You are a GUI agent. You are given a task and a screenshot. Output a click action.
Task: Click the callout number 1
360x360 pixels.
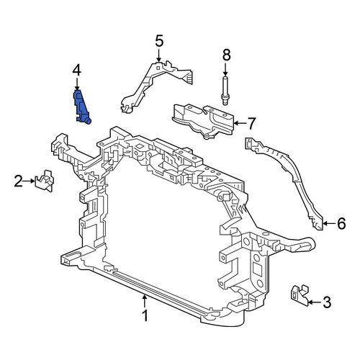(145, 315)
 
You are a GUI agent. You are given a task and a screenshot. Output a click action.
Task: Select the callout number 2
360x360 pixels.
(19, 181)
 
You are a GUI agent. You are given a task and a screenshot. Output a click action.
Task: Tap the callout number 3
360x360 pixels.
(327, 302)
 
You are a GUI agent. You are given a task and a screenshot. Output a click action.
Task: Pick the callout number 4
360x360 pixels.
(77, 71)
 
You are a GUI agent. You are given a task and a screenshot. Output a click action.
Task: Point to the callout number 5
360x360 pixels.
(159, 41)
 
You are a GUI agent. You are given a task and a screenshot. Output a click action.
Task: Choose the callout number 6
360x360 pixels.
(341, 223)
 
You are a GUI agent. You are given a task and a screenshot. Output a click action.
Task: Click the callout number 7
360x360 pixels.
(251, 123)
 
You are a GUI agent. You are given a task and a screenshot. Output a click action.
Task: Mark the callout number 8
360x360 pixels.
(226, 55)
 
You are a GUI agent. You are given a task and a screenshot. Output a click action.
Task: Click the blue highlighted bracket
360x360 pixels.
(81, 107)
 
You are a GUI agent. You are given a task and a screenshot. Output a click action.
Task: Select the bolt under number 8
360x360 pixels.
(225, 91)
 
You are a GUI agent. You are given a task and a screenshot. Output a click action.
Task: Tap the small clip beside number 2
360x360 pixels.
(45, 181)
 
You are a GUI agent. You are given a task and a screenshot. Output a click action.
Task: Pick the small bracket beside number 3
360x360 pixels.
(300, 295)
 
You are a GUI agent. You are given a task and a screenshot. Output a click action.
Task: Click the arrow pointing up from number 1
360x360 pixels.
(145, 301)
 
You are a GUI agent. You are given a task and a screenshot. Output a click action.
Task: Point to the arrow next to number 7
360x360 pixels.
(239, 123)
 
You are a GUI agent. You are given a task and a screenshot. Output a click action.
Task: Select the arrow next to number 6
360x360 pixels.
(329, 223)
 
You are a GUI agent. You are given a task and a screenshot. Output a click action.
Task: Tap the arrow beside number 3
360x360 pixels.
(315, 302)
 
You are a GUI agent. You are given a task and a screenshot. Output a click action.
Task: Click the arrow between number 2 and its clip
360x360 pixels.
(30, 181)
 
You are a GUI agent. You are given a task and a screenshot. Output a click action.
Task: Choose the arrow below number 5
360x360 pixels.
(158, 55)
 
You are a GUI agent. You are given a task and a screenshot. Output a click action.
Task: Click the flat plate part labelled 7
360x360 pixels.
(203, 121)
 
